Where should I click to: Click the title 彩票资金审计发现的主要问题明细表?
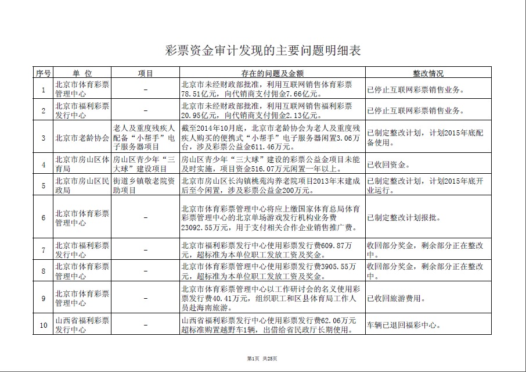point(263,51)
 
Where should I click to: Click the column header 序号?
point(43,74)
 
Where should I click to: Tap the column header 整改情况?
point(428,74)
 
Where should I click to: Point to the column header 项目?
point(145,74)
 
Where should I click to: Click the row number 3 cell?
point(43,138)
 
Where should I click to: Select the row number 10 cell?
point(43,325)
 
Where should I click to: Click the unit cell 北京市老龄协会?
point(82,138)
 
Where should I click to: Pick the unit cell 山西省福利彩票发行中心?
point(82,325)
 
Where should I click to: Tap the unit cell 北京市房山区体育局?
point(82,164)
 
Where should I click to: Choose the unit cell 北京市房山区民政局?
point(82,185)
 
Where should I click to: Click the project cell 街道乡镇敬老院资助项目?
point(145,185)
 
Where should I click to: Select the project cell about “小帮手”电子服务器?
point(145,138)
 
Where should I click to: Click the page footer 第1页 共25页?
point(262,359)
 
